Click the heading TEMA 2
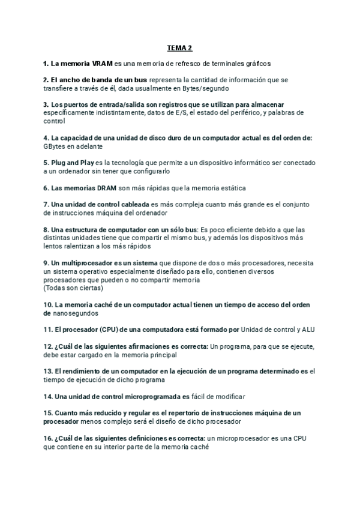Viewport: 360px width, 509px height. pyautogui.click(x=180, y=47)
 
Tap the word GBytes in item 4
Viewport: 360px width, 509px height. pyautogui.click(x=55, y=146)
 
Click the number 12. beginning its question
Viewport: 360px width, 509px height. pyautogui.click(x=47, y=346)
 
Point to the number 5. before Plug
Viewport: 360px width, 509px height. pyautogui.click(x=46, y=163)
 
